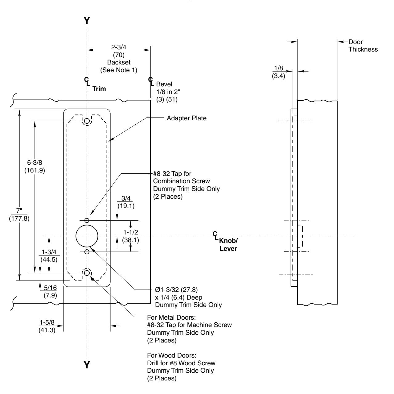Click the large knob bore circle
tap(87, 236)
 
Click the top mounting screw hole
tap(87, 121)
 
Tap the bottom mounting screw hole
tap(87, 273)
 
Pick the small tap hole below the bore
tap(87, 252)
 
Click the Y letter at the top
tap(87, 21)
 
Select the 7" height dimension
tap(19, 210)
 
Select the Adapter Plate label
tap(187, 118)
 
